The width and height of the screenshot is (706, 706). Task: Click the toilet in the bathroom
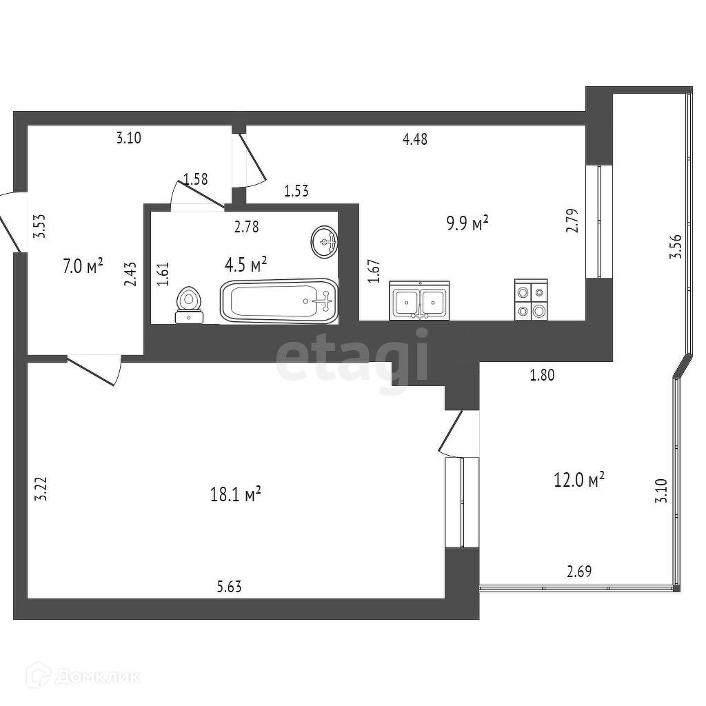pos(190,305)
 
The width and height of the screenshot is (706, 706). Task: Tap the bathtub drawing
pos(279,301)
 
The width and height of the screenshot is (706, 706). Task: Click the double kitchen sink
pos(419,301)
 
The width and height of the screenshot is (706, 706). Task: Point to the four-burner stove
pos(531,300)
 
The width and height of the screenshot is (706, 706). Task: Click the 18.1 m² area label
pos(235,494)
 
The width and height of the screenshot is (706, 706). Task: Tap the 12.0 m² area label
pos(579,479)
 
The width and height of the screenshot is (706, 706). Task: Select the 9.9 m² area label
pos(467,223)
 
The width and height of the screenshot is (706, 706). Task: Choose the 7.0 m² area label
pos(83,265)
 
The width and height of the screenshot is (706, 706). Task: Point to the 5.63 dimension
pos(230,587)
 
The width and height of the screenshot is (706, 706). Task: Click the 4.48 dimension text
pos(415,139)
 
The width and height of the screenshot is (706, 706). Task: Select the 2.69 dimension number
pos(579,571)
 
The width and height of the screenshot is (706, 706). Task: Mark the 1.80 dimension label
pos(542,376)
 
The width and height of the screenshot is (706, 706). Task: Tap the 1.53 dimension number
pos(296,191)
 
